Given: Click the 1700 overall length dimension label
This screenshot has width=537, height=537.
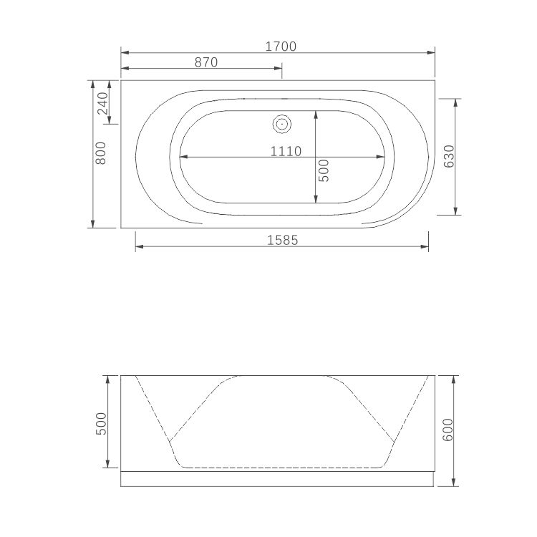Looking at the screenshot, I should [281, 46].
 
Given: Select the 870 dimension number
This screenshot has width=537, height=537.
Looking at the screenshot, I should [205, 62].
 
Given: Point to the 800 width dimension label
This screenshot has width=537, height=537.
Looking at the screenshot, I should [101, 154].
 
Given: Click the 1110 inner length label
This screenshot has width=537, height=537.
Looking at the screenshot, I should [285, 151].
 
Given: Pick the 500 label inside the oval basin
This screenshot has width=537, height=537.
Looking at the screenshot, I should [324, 170].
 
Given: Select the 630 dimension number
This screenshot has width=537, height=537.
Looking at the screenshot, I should [449, 156].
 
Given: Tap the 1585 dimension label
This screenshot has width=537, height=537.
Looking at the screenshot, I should [282, 241].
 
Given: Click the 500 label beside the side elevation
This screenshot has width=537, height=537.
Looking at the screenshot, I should [101, 422].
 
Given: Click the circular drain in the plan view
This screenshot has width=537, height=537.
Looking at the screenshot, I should [282, 125].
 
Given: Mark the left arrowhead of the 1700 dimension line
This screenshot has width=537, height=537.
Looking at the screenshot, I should [124, 52].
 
